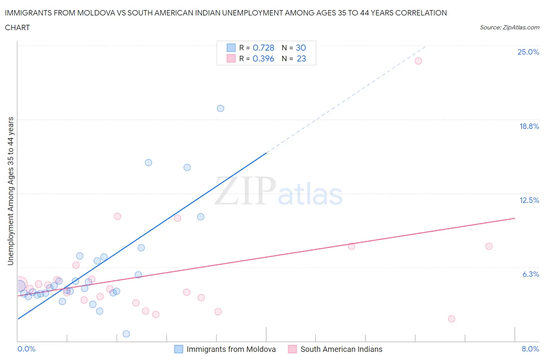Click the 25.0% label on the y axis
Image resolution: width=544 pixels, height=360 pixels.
528,52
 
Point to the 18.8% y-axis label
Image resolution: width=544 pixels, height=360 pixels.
529,126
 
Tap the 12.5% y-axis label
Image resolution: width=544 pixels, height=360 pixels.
529,200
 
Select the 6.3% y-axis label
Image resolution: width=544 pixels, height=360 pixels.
530,274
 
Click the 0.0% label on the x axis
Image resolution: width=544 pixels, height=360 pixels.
26,349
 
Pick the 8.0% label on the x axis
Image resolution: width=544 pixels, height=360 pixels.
530,349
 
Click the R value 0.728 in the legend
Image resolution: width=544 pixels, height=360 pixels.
263,48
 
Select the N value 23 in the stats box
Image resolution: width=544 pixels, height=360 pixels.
301,58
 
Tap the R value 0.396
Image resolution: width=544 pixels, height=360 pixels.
263,58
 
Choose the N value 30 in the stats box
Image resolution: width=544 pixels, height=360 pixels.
301,48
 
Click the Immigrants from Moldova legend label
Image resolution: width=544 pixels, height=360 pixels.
231,349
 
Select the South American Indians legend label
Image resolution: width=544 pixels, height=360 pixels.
341,349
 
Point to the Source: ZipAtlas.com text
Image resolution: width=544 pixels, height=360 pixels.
509,27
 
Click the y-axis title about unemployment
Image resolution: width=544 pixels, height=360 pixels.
10,191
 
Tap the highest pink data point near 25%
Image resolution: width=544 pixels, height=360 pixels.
418,61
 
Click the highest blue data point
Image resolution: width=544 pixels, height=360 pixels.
221,108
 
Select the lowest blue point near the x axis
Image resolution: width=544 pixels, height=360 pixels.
126,334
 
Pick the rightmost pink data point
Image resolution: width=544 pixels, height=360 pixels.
489,246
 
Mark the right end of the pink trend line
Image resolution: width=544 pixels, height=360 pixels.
515,218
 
